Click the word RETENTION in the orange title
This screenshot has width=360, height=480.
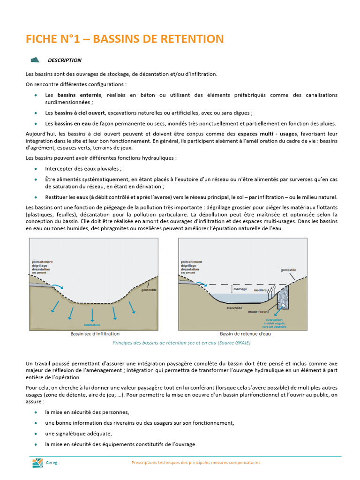190,39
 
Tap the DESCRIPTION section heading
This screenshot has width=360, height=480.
64,60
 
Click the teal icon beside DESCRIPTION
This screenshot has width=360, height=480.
35,60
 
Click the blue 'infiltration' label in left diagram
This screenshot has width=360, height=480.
92,325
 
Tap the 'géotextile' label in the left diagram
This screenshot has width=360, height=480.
149,290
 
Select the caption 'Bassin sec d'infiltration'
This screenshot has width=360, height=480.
95,334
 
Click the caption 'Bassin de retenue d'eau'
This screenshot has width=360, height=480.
245,334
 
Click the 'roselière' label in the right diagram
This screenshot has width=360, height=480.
260,290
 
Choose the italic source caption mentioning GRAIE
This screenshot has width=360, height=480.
181,343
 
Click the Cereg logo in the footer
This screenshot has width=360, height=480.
37,463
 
